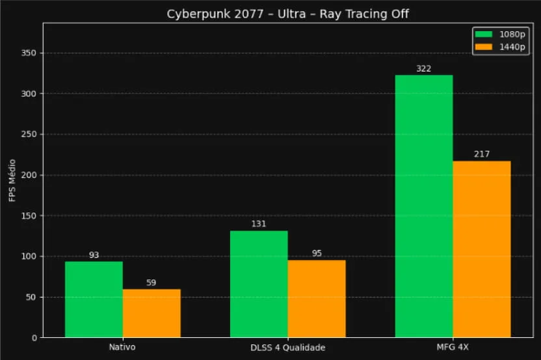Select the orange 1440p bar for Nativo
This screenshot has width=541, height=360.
pos(152,313)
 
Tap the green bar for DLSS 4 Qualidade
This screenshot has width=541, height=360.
pos(259,284)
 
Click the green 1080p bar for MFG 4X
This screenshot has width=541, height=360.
pos(424,207)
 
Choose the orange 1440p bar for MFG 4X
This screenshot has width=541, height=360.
pos(482,250)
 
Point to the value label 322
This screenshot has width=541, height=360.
pos(424,69)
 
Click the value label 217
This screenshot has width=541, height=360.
pos(482,155)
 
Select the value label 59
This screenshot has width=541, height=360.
pos(152,283)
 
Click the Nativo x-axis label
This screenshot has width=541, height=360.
pos(122,348)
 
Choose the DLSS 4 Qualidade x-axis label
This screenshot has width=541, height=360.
pos(287,348)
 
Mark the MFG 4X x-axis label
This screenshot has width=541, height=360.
pos(453,348)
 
